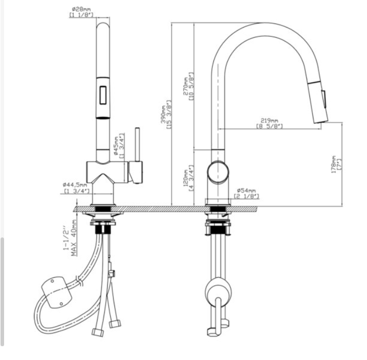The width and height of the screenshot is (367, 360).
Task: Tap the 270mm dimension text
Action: coord(186,87)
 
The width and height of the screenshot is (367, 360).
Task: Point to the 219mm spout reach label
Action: coord(270,121)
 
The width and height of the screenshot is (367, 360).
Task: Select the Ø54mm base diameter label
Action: coord(246,190)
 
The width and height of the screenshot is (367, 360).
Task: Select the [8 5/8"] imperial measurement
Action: coord(270,126)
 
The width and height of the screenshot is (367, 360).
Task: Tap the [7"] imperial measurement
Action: coord(339,165)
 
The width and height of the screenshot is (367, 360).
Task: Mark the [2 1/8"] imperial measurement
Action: coord(246,196)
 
